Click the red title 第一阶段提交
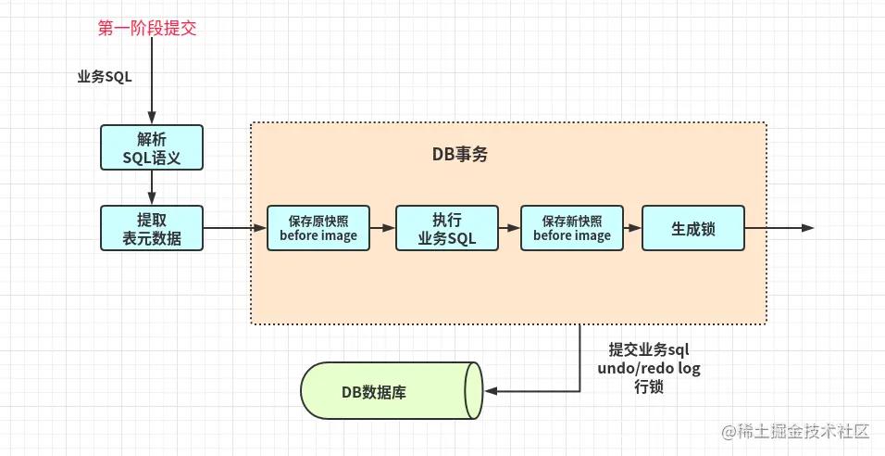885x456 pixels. tap(147, 28)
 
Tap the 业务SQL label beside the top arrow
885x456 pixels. tap(105, 77)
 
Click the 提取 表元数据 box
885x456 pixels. tap(151, 228)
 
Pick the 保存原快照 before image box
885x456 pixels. tap(318, 228)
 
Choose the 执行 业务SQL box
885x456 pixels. tap(447, 228)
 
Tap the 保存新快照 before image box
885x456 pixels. tap(572, 228)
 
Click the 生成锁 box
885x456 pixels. tap(693, 228)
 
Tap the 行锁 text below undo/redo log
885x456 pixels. tap(648, 387)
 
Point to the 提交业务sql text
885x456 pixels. tap(649, 350)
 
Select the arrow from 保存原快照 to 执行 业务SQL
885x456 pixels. tap(383, 227)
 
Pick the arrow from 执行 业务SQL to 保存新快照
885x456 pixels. tap(509, 227)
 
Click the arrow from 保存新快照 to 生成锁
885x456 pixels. tap(633, 227)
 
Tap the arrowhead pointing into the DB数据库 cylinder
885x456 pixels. tap(491, 391)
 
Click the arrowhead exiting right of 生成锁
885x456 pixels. tap(807, 228)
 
